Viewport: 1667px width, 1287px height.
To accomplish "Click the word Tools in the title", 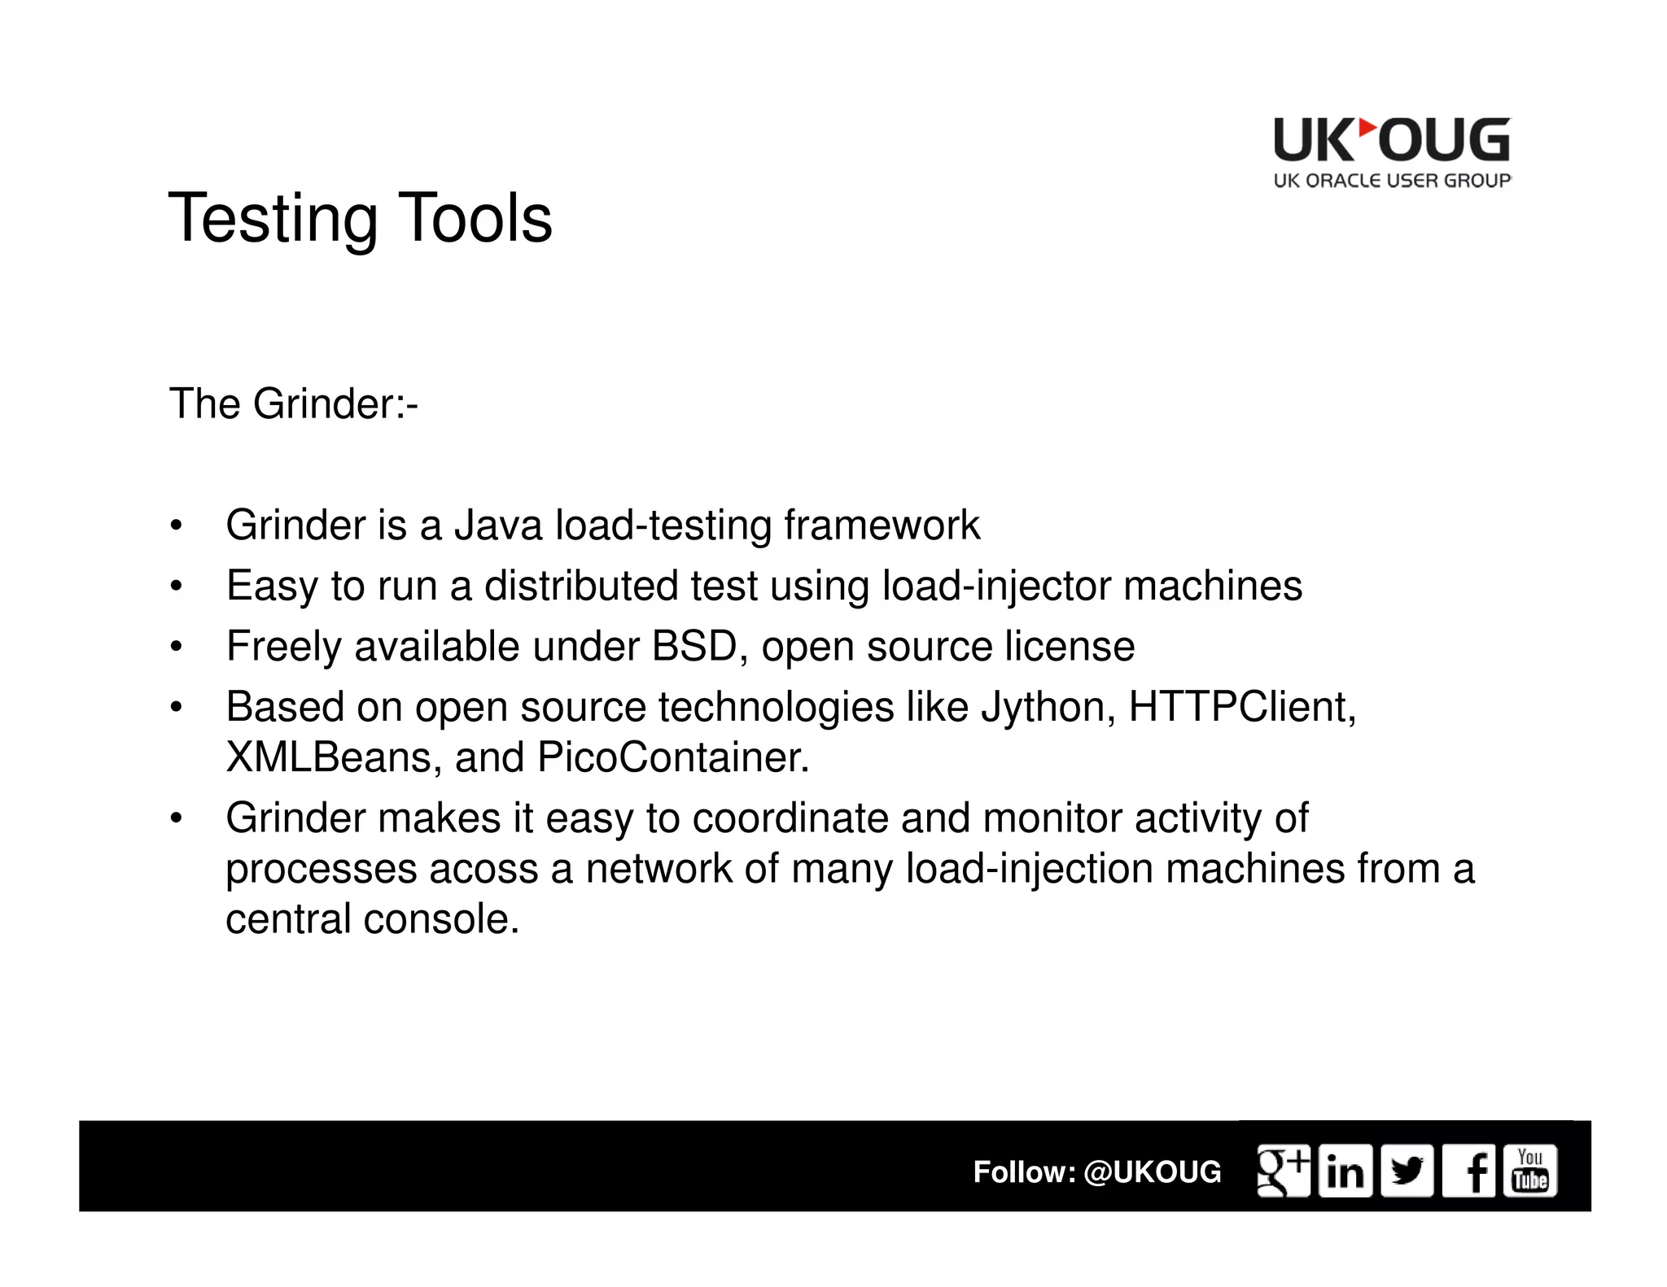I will point(475,218).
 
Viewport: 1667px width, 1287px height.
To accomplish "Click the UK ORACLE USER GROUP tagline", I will point(1391,181).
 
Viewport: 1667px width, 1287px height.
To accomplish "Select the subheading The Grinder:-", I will point(293,404).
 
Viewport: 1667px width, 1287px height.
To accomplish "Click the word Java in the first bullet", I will point(497,525).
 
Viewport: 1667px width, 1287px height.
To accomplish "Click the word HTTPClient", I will point(1241,707).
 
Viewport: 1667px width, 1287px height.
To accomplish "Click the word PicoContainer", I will point(672,757).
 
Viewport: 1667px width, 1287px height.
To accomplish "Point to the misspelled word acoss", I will point(483,869).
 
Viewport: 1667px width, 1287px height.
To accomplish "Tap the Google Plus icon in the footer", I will point(1284,1171).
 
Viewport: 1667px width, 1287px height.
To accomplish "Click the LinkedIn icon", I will point(1345,1171).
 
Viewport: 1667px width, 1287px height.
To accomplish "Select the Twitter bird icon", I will point(1407,1171).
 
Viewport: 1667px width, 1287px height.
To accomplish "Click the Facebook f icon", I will point(1468,1171).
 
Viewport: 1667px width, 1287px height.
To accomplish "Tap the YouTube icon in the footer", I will point(1529,1171).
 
